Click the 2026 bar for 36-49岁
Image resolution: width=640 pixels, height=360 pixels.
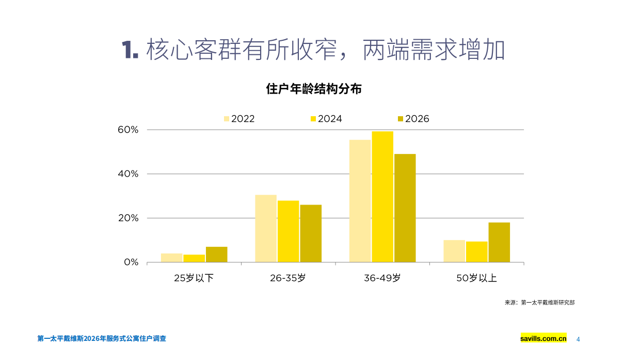tap(405, 208)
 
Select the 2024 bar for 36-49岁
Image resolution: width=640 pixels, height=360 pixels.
tap(382, 197)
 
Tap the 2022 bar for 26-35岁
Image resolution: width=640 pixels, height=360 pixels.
tap(266, 228)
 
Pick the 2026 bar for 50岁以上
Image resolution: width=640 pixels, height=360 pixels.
tap(499, 242)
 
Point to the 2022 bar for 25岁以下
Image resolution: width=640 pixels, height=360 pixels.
tap(171, 258)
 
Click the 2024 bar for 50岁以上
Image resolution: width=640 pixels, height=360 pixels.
tap(476, 252)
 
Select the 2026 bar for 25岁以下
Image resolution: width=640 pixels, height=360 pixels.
tap(216, 255)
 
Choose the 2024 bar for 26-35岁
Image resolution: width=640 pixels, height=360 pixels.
tap(288, 231)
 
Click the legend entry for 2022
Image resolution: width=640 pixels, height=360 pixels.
tap(239, 119)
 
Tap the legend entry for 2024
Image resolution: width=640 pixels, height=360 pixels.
tap(326, 119)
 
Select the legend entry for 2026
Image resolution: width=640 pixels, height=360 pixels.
tap(413, 119)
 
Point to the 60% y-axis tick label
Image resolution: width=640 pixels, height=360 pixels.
tap(128, 130)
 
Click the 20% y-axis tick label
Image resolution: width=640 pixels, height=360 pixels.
tap(128, 218)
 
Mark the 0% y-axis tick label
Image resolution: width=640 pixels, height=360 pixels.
tap(131, 262)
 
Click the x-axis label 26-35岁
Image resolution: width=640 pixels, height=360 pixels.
tap(288, 278)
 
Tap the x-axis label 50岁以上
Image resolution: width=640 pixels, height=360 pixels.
tap(476, 278)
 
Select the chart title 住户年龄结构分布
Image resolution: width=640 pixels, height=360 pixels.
tap(313, 89)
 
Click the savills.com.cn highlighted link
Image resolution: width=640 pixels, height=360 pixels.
tap(543, 339)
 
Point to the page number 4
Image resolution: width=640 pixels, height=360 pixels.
tap(578, 339)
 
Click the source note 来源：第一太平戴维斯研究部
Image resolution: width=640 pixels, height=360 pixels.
tap(539, 303)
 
